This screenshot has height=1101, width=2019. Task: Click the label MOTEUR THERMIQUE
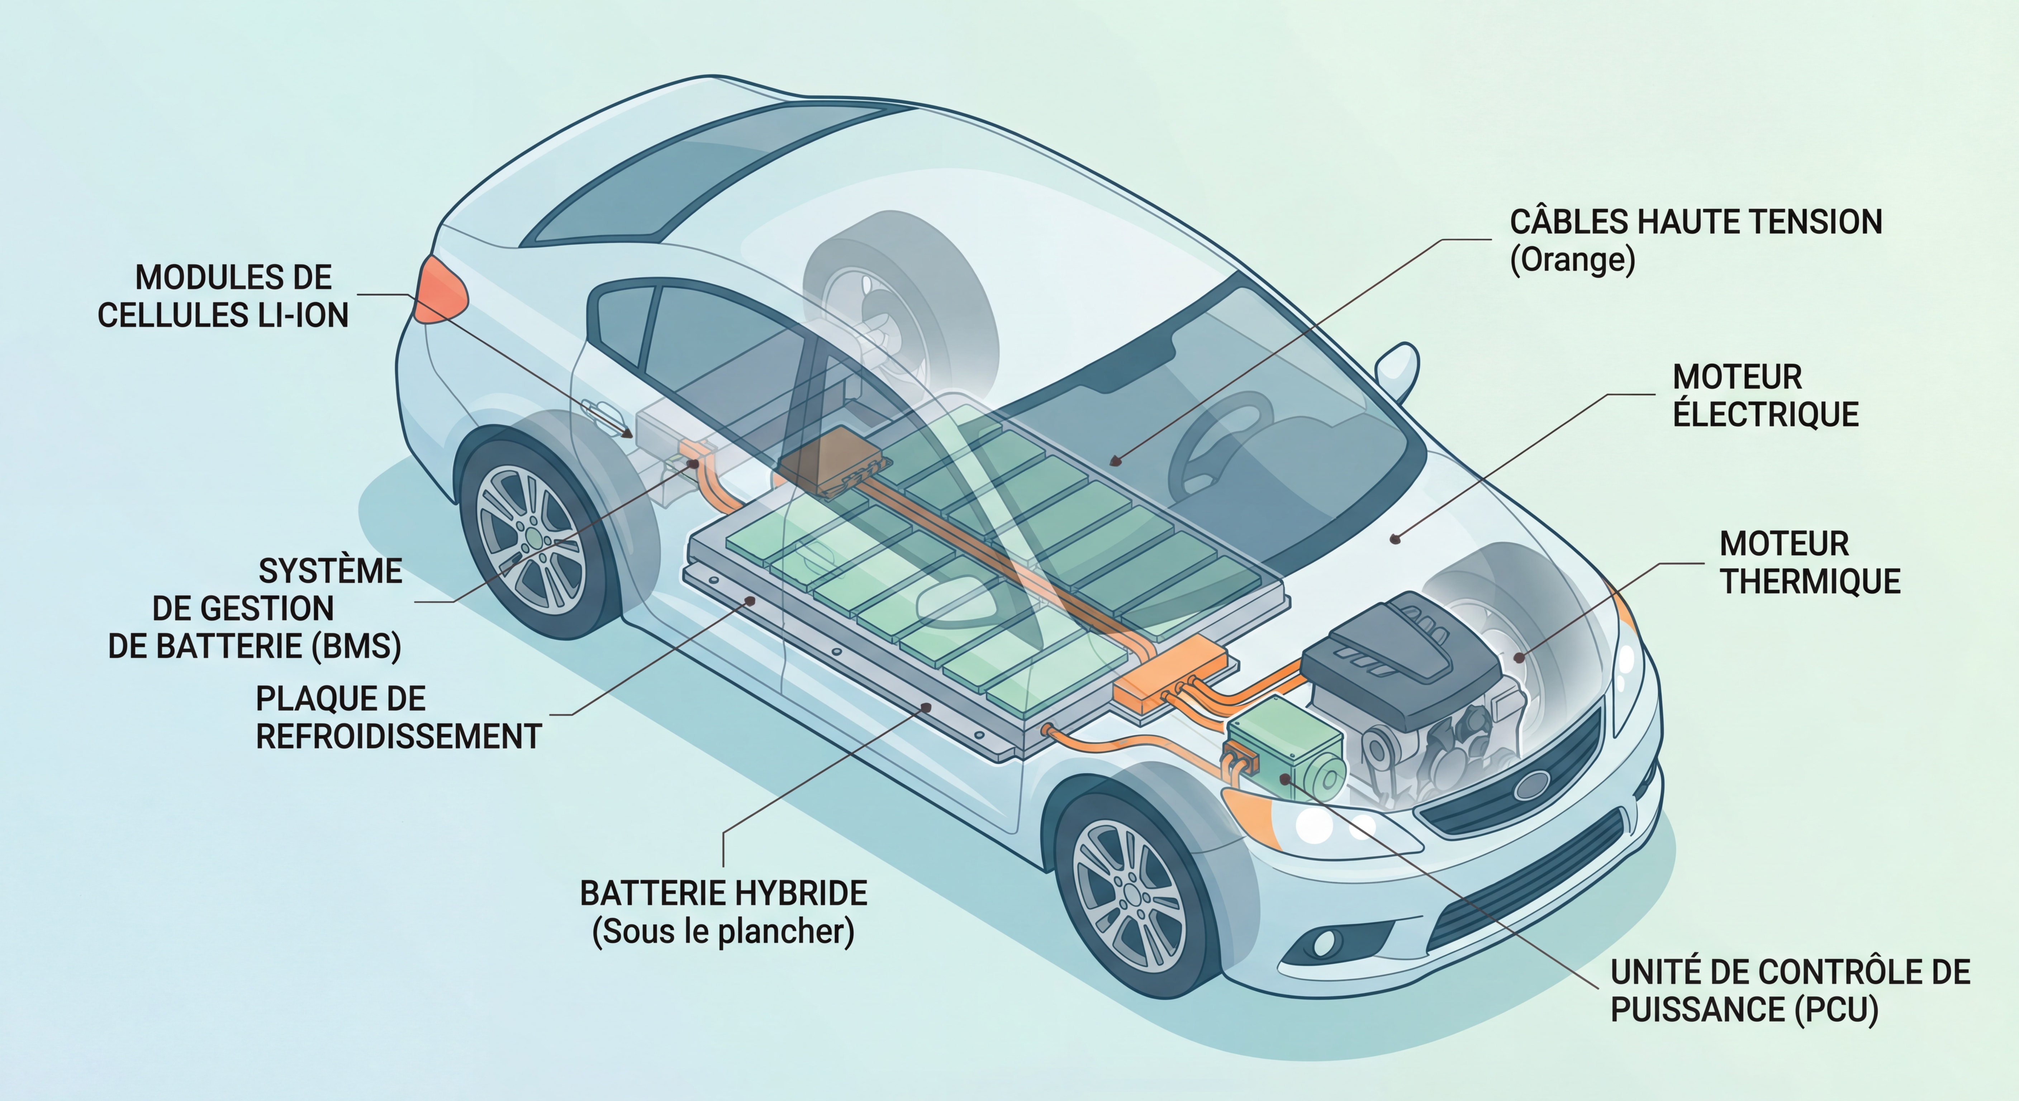pos(1809,563)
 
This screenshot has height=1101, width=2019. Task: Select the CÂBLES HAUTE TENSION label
pos(1695,222)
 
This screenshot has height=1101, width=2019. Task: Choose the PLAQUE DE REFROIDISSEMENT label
pos(398,717)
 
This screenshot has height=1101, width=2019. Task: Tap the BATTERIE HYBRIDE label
pos(723,893)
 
